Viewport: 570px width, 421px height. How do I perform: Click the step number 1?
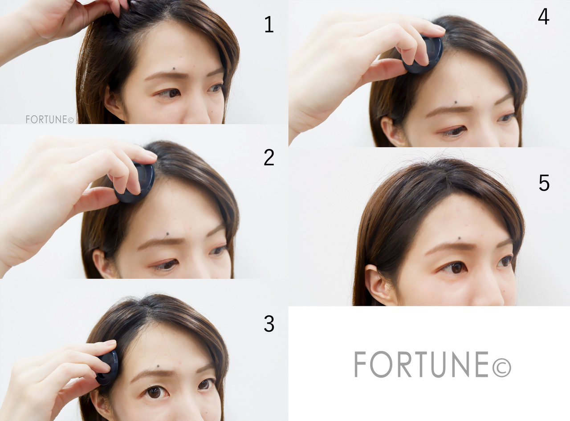pyautogui.click(x=269, y=24)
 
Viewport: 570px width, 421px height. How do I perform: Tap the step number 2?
pyautogui.click(x=269, y=157)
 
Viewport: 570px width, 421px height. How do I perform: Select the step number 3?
pyautogui.click(x=269, y=324)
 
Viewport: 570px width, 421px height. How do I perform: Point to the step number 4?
pyautogui.click(x=544, y=16)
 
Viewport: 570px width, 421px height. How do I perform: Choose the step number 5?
pyautogui.click(x=544, y=183)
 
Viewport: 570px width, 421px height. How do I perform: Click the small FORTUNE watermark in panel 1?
pyautogui.click(x=50, y=119)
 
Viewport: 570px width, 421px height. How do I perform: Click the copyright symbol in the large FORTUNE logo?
pyautogui.click(x=501, y=368)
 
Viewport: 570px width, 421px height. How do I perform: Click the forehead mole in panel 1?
pyautogui.click(x=175, y=69)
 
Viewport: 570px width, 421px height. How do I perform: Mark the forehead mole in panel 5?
pyautogui.click(x=459, y=238)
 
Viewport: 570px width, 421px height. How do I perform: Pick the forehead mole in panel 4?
pyautogui.click(x=456, y=102)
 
